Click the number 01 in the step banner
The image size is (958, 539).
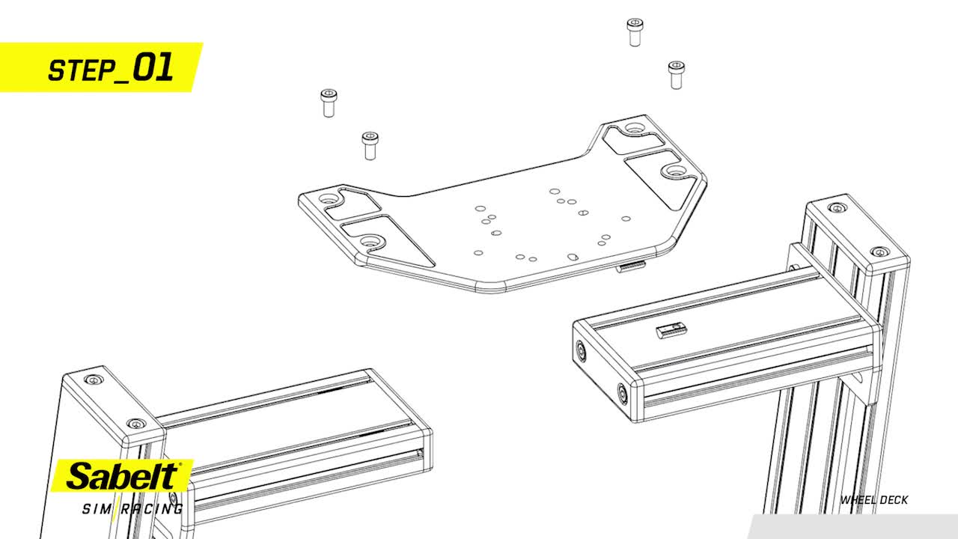(x=153, y=67)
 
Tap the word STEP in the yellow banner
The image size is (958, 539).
(x=82, y=70)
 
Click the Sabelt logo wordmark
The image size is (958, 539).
(x=123, y=476)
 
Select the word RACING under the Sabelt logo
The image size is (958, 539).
(x=152, y=509)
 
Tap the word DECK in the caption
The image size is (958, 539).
(x=893, y=500)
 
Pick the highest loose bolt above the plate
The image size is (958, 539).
(x=635, y=32)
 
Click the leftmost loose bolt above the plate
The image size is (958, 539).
(x=329, y=103)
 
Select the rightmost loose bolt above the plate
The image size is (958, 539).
(x=676, y=75)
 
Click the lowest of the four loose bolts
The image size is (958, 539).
(x=370, y=145)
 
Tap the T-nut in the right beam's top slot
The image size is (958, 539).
(x=672, y=329)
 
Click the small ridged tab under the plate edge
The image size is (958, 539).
(x=630, y=267)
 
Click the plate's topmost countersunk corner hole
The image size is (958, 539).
(x=634, y=127)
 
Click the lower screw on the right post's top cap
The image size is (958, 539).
(x=879, y=252)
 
